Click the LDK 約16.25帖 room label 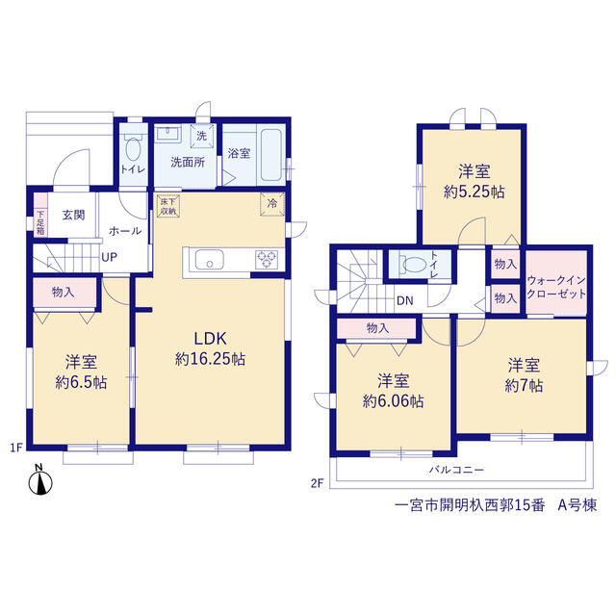tap(210, 348)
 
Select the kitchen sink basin tap(210, 260)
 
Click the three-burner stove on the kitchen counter tap(267, 260)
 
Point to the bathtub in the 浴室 tap(271, 155)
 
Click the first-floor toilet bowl tap(133, 148)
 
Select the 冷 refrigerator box tap(272, 203)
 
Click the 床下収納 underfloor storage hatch tap(168, 206)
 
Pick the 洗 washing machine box tap(202, 136)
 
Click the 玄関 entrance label tap(73, 215)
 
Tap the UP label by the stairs tap(109, 257)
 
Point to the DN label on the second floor tap(405, 301)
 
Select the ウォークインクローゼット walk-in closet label tap(556, 287)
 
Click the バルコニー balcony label tap(456, 470)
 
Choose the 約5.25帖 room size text tap(475, 192)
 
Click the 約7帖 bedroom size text tap(524, 386)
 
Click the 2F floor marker tap(317, 483)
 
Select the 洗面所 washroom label tap(188, 163)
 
